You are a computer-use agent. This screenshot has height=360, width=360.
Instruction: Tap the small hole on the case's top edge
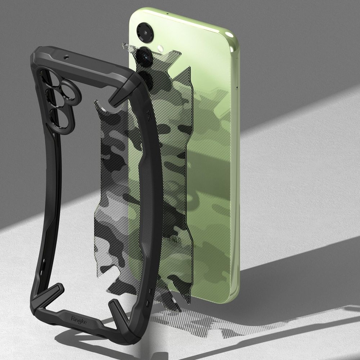pos(66,57)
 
